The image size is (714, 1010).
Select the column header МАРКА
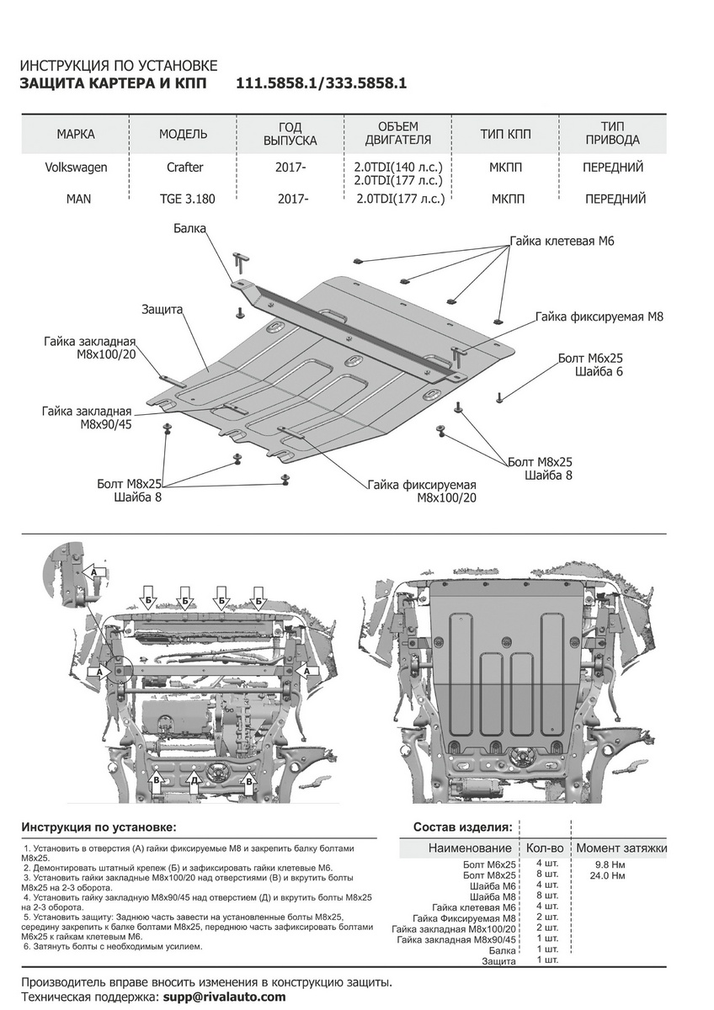pyautogui.click(x=76, y=135)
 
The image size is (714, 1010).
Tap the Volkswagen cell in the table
pyautogui.click(x=76, y=167)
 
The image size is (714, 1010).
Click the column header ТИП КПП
pyautogui.click(x=505, y=135)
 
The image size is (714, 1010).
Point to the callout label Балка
pyautogui.click(x=190, y=228)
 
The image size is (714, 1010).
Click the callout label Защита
pyautogui.click(x=163, y=309)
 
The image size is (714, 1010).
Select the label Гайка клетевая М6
pyautogui.click(x=561, y=241)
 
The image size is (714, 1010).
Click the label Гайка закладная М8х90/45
pyautogui.click(x=88, y=417)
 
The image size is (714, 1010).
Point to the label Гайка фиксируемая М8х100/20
pyautogui.click(x=422, y=492)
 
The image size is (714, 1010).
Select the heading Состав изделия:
pyautogui.click(x=462, y=827)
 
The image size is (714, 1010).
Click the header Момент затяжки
pyautogui.click(x=621, y=848)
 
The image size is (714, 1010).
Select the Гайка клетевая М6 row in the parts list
pyautogui.click(x=473, y=908)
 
